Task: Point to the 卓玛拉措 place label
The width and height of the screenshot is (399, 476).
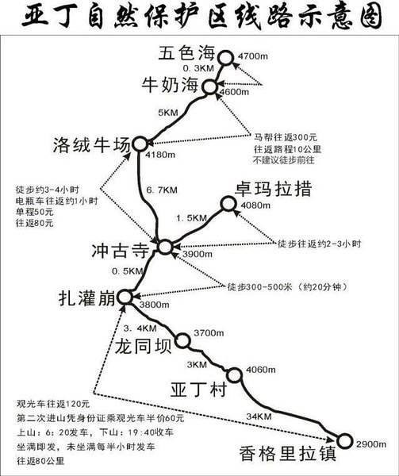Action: [x=274, y=189]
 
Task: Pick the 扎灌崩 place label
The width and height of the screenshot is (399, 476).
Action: [x=87, y=297]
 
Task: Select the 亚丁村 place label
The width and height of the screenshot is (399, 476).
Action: [x=199, y=389]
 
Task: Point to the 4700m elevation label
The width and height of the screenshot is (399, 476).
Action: [x=253, y=56]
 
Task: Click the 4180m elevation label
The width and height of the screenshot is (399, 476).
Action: [x=160, y=155]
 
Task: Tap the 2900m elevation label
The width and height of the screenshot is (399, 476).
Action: [x=371, y=444]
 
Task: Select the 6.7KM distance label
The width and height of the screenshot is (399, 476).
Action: [x=162, y=190]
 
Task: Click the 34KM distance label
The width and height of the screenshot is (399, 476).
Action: [x=259, y=416]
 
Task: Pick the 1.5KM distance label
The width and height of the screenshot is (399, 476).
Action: [x=192, y=218]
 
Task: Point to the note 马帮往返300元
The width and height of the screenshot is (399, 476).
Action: [x=286, y=137]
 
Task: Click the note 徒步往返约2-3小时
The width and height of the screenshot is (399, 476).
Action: [x=319, y=244]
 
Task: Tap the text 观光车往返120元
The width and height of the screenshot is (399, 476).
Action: [x=53, y=404]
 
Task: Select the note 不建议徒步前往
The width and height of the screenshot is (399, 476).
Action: [x=284, y=160]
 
